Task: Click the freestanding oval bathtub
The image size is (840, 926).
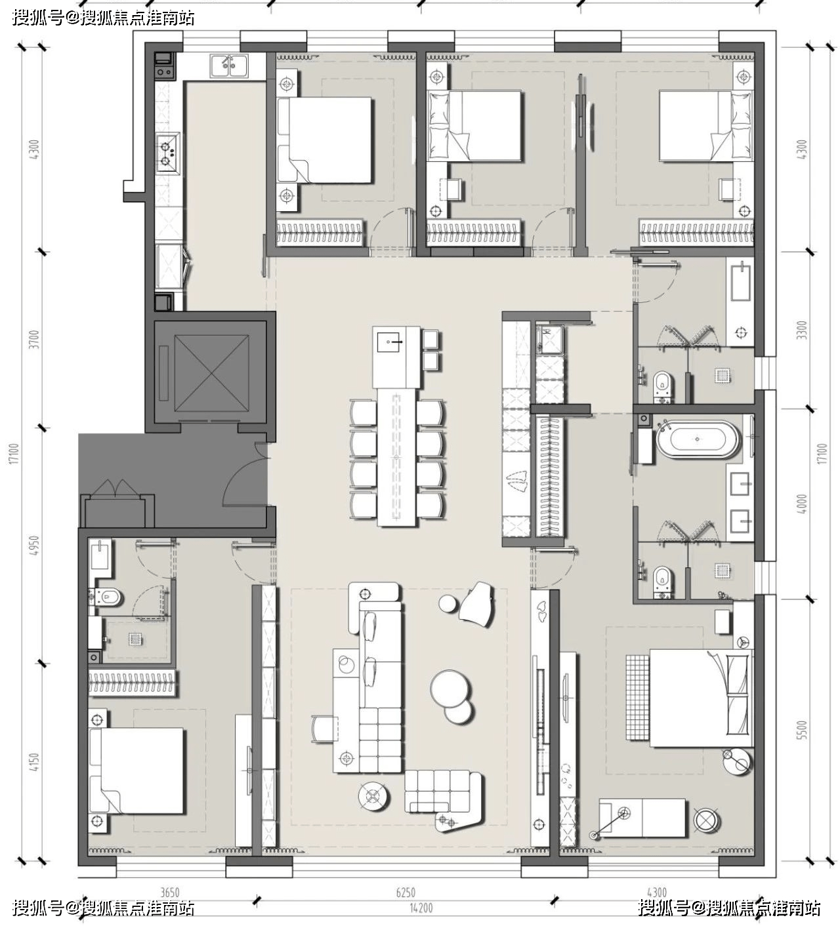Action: tap(697, 439)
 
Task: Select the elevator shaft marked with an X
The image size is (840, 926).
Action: tap(211, 373)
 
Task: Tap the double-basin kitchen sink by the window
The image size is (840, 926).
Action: tap(229, 66)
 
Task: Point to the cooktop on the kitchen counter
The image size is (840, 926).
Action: tap(168, 153)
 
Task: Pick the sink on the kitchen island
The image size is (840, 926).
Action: tap(388, 342)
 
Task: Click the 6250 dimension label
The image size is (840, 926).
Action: tap(406, 893)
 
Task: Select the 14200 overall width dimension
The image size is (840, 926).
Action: tap(421, 908)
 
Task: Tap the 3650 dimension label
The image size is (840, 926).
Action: tap(169, 893)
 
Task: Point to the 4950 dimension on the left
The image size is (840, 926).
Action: tap(35, 546)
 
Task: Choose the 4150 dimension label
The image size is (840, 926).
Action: tap(35, 763)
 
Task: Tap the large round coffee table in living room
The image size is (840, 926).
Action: tap(450, 689)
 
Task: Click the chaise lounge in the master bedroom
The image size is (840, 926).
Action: tap(642, 818)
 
